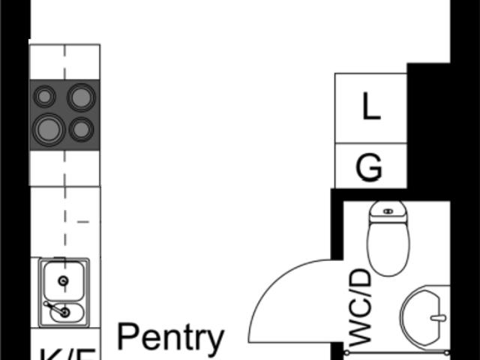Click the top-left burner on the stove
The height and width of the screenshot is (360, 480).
pyautogui.click(x=45, y=97)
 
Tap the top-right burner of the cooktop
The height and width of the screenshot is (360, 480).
pyautogui.click(x=81, y=97)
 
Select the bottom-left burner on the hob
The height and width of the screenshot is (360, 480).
pyautogui.click(x=48, y=129)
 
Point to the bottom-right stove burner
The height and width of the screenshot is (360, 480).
pyautogui.click(x=81, y=129)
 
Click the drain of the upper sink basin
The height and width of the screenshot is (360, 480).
pyautogui.click(x=63, y=281)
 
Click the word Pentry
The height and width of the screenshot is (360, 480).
pyautogui.click(x=171, y=339)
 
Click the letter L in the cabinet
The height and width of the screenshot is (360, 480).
pyautogui.click(x=370, y=108)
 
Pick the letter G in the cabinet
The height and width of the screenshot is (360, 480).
pyautogui.click(x=369, y=168)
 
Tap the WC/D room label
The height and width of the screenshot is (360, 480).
pyautogui.click(x=361, y=307)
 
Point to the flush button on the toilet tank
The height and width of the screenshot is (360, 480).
pyautogui.click(x=388, y=211)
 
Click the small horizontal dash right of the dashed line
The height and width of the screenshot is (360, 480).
pyautogui.click(x=83, y=222)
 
